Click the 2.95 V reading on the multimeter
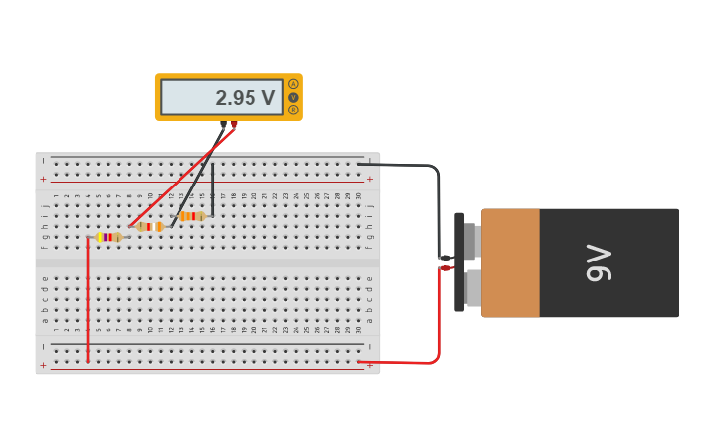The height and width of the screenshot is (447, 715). [x=245, y=98]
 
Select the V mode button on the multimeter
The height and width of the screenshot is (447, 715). [x=293, y=97]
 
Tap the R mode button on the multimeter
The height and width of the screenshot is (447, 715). [x=293, y=110]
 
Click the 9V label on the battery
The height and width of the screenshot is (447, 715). [x=600, y=262]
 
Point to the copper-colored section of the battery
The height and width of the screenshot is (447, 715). [x=511, y=262]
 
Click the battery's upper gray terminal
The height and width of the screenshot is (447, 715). [x=470, y=240]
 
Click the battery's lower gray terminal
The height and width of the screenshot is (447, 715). [x=472, y=288]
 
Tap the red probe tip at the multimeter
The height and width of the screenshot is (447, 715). [x=234, y=125]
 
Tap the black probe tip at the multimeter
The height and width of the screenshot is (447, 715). [x=224, y=126]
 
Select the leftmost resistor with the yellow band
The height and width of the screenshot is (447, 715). [x=108, y=237]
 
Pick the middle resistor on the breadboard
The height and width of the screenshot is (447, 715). [x=150, y=227]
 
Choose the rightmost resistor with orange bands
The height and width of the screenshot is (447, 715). [x=191, y=216]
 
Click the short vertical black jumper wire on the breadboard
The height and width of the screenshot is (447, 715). [x=212, y=189]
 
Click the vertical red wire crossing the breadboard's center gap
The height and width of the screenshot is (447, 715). [x=88, y=296]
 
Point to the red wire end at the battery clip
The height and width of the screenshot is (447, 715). [x=446, y=268]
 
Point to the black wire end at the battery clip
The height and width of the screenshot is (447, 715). [x=445, y=258]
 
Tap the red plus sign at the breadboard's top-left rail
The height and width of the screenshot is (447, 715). [x=43, y=179]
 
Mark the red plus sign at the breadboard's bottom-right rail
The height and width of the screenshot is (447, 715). [x=370, y=367]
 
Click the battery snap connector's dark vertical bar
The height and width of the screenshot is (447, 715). [x=459, y=262]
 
